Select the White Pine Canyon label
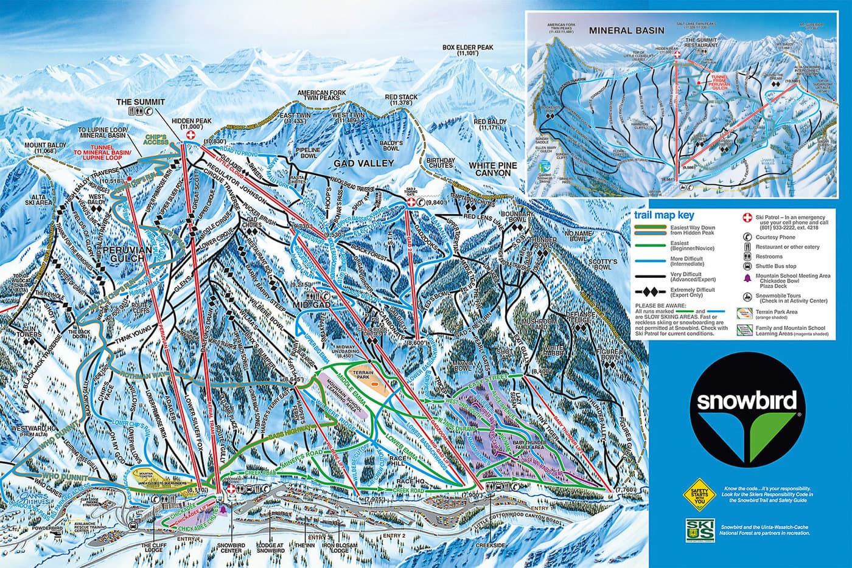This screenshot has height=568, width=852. click(493, 169)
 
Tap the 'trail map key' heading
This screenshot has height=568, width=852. click(663, 215)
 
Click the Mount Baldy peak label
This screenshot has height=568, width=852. click(44, 147)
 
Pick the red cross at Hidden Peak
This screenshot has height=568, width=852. click(190, 135)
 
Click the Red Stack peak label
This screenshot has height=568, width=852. click(401, 100)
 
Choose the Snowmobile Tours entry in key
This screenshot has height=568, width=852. click(785, 297)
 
